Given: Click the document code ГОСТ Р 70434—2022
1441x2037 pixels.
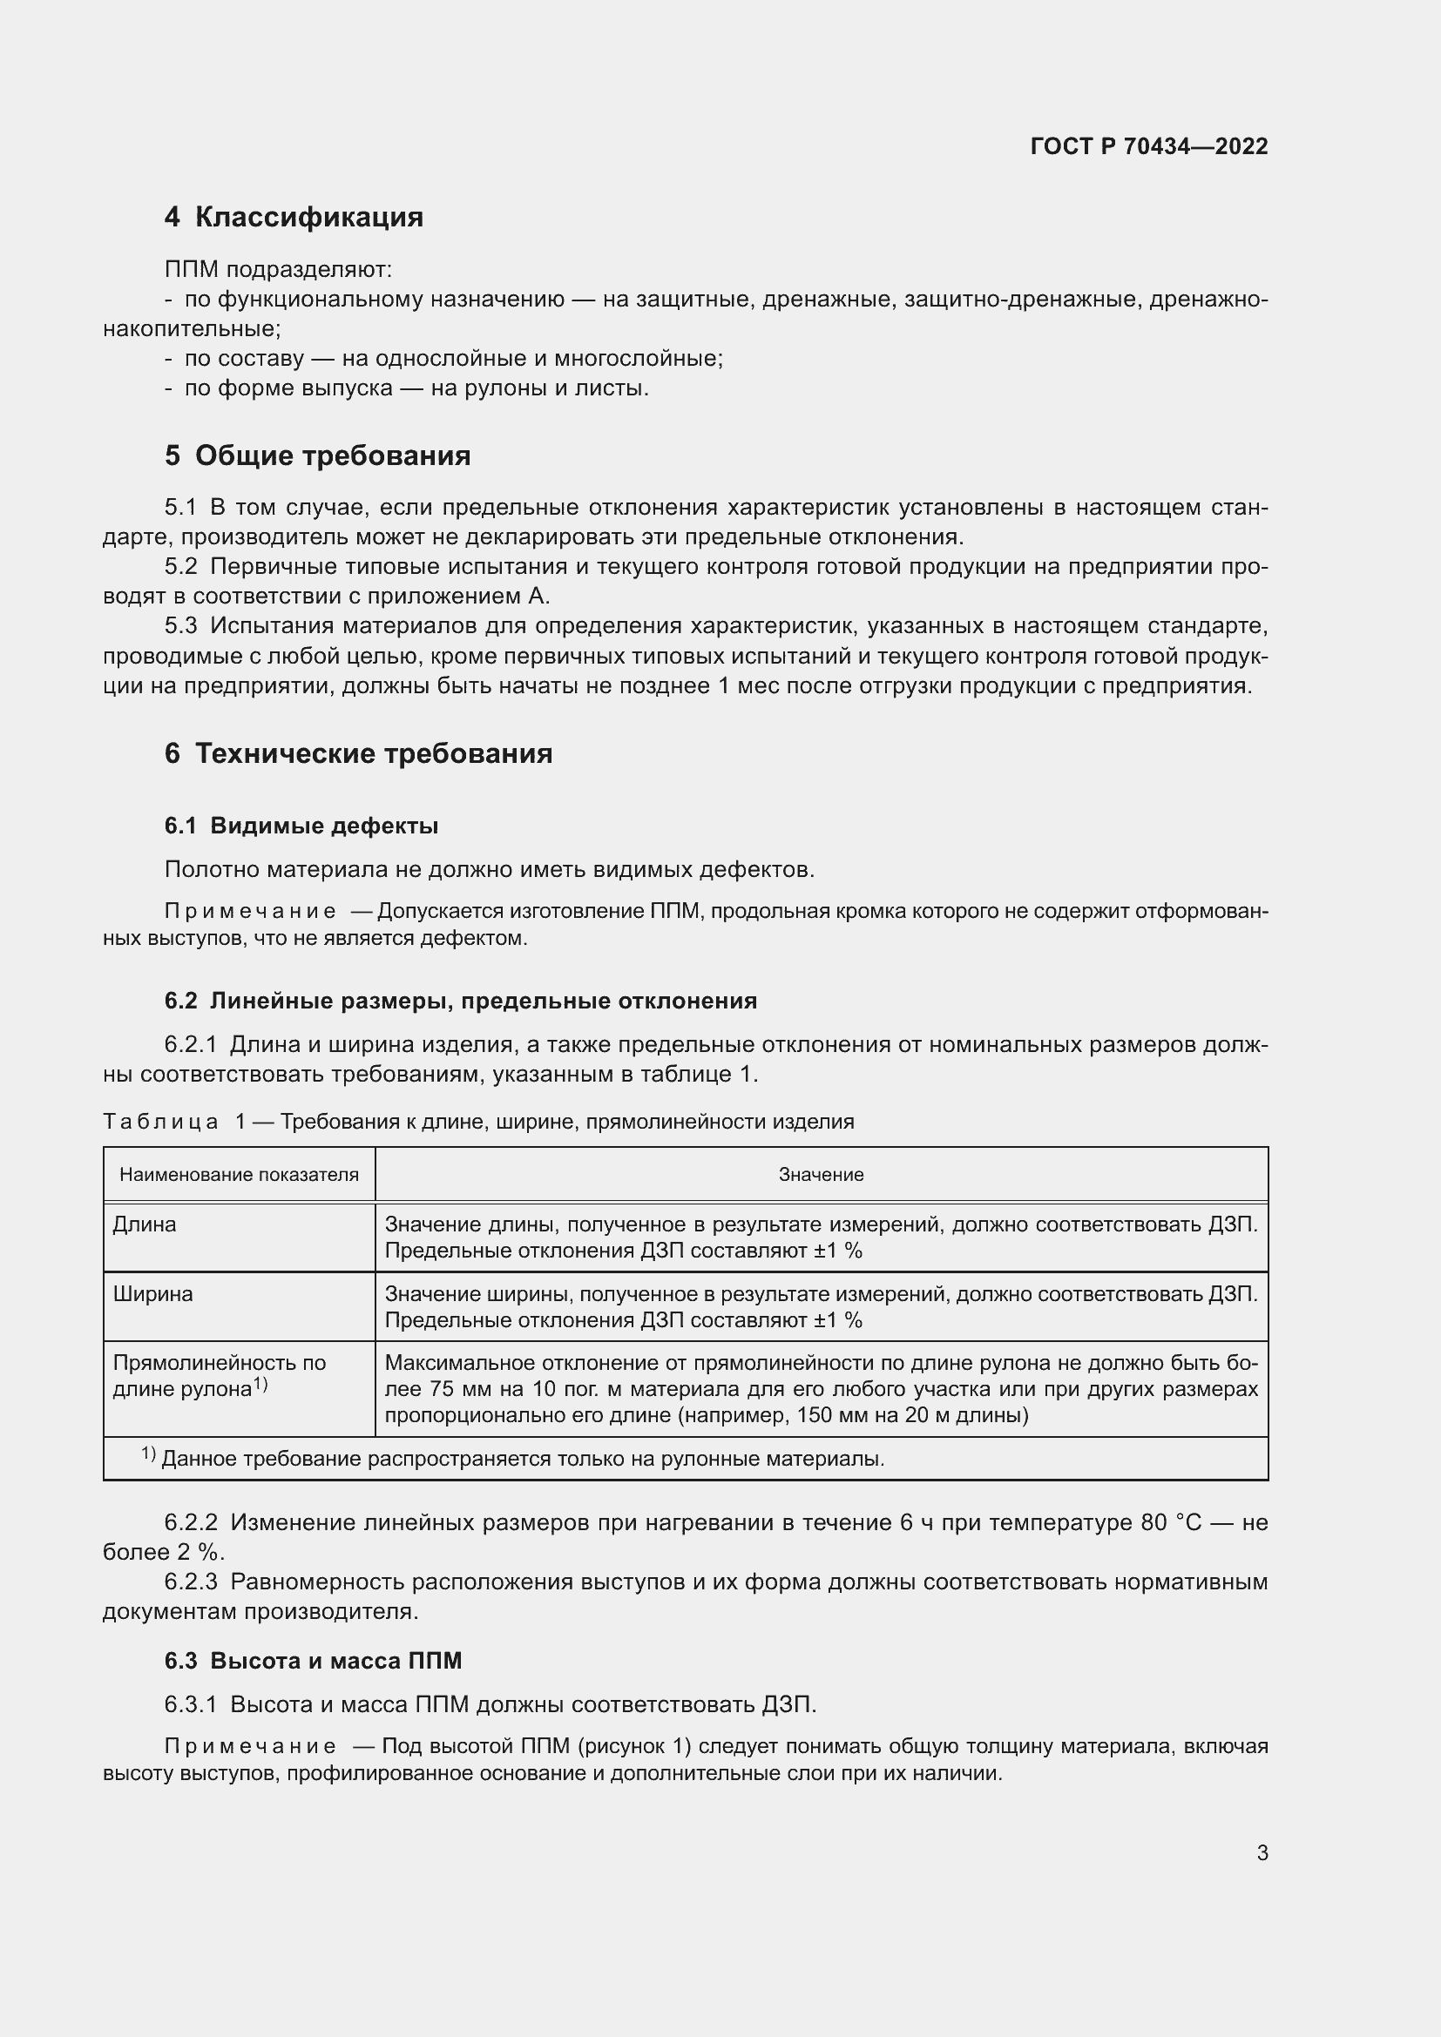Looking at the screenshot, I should [1149, 146].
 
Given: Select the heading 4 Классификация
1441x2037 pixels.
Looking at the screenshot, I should [294, 217].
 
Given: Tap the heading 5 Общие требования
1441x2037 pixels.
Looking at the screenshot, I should [318, 455].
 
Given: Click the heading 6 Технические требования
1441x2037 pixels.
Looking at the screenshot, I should [358, 753].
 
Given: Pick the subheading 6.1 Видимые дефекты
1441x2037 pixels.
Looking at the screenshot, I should [301, 826].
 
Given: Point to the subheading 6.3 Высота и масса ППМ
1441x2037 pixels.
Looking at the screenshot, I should [314, 1660].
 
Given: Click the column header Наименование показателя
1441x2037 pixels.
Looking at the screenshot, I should [239, 1175].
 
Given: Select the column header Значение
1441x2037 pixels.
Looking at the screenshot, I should [821, 1175].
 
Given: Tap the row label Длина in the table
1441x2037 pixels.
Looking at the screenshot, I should [145, 1224].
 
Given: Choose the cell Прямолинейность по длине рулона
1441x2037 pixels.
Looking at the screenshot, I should [219, 1375].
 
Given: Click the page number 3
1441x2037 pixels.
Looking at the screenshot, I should [1262, 1852].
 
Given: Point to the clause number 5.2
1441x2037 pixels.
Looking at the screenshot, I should [181, 567].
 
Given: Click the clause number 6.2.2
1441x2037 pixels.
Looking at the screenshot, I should [191, 1522].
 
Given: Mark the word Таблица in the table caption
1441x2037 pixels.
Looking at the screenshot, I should [160, 1122].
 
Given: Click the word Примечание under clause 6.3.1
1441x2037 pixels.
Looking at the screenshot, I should [250, 1746].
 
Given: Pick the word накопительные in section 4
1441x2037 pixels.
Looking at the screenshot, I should [191, 329].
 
